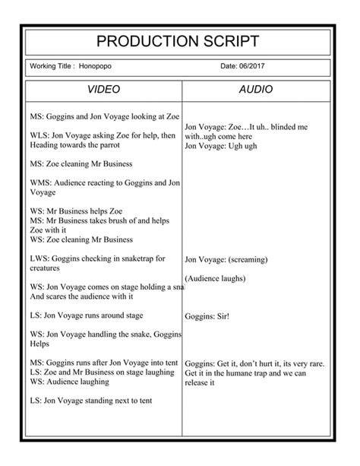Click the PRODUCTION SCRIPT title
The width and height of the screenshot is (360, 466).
tap(179, 41)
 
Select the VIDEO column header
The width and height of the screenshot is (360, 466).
tap(104, 90)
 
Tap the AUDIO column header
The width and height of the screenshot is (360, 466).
tap(255, 90)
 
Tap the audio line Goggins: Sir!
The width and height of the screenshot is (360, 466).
tap(207, 315)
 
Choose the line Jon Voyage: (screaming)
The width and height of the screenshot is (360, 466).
tap(226, 259)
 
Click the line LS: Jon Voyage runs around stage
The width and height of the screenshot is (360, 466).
tap(97, 315)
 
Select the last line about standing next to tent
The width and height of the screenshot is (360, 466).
tap(91, 400)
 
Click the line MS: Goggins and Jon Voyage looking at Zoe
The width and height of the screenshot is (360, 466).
tap(104, 117)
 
